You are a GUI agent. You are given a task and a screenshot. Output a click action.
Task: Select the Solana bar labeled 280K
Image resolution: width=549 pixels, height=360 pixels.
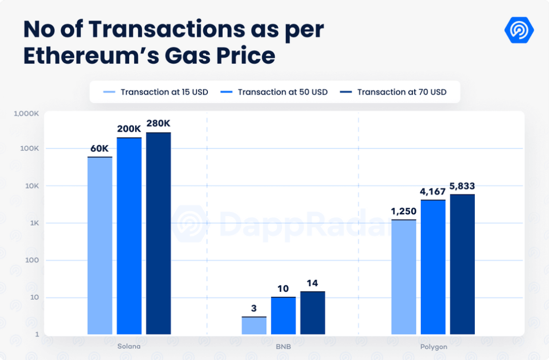[x=159, y=233]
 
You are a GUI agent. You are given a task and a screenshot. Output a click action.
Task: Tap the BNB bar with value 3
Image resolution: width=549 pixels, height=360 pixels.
[x=254, y=325]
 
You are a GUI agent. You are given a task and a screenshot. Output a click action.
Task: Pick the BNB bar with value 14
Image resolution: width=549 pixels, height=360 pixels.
[x=313, y=313]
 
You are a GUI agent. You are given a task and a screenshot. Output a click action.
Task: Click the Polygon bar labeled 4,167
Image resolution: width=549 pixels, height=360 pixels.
[x=433, y=267]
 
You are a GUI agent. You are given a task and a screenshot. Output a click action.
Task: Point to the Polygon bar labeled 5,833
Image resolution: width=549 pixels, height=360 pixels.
[x=463, y=264]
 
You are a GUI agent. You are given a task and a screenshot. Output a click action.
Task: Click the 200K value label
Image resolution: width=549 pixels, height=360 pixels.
[x=129, y=129]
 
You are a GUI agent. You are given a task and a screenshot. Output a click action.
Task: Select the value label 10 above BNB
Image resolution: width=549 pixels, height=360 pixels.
[x=283, y=289]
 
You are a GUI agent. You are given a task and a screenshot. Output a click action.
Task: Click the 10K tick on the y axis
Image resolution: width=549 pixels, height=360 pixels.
[x=31, y=186]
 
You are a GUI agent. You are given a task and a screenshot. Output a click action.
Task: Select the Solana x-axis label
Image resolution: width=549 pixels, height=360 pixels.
[x=129, y=346]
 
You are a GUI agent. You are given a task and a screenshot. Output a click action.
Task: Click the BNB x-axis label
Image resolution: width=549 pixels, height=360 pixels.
[x=283, y=346]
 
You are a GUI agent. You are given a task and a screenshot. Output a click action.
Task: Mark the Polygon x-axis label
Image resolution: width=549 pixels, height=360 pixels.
[x=434, y=346]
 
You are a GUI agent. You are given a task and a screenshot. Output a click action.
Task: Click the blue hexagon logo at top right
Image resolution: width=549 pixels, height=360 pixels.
[x=519, y=31]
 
